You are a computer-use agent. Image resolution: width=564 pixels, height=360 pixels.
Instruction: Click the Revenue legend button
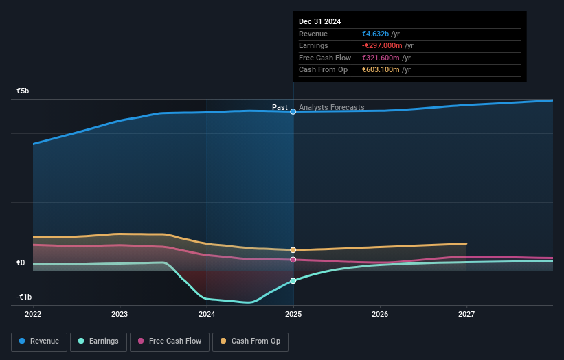39,341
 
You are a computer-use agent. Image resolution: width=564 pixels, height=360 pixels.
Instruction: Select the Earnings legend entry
99,341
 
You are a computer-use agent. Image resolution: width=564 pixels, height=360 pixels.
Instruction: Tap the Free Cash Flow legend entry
170,341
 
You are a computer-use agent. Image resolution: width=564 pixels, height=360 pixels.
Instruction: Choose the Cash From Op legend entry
251,341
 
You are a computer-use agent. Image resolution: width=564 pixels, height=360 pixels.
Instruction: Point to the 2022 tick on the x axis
33,314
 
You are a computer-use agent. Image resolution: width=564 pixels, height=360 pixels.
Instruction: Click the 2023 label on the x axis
120,314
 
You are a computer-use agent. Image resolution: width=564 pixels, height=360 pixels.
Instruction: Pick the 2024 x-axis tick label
207,314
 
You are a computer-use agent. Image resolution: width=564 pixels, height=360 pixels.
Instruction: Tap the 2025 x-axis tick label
293,314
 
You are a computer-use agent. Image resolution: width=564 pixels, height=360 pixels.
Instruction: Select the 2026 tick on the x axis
380,314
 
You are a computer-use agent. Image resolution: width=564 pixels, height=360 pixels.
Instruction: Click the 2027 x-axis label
466,314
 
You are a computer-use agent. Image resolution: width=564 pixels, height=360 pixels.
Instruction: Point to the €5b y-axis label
23,91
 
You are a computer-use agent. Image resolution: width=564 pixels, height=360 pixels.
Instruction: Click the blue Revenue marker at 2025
293,111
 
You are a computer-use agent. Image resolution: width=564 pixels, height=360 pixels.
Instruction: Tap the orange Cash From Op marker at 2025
293,250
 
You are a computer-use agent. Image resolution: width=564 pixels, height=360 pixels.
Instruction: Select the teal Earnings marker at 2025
293,281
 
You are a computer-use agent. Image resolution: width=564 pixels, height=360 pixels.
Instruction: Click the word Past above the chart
280,107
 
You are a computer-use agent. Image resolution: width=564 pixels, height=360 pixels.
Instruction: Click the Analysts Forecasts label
332,107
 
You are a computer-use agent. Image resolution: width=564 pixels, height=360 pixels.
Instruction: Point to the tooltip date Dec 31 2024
320,22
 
